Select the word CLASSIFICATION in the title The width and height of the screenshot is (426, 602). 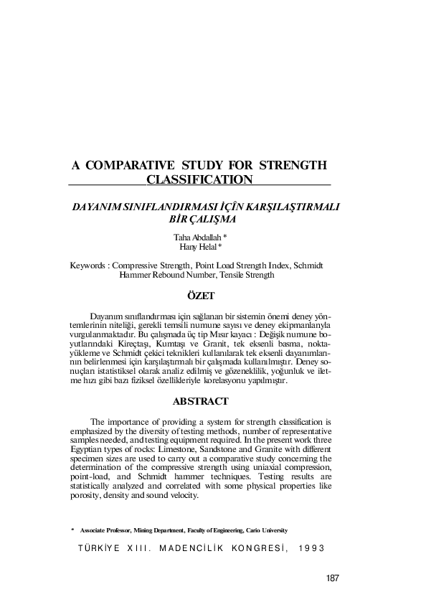pyautogui.click(x=199, y=179)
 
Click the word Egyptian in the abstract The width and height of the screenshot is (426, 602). pyautogui.click(x=87, y=448)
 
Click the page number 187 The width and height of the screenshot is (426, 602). pyautogui.click(x=331, y=578)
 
